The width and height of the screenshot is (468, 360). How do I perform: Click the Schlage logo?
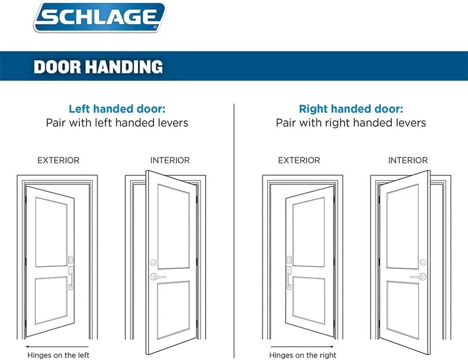99,18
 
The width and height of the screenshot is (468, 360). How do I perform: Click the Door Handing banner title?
98,66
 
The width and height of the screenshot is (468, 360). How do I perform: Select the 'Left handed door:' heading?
117,109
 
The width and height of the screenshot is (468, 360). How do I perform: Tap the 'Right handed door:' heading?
351,109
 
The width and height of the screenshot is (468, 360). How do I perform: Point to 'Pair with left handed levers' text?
117,122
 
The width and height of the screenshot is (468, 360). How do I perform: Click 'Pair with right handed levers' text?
351,122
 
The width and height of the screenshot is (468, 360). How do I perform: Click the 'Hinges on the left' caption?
58,355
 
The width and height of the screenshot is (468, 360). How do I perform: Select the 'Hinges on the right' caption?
303,355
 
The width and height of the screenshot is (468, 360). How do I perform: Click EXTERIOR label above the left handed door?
58,160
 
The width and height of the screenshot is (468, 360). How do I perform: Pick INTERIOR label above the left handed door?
170,160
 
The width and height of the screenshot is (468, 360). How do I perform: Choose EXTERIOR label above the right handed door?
299,160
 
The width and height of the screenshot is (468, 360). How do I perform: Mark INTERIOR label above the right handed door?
408,160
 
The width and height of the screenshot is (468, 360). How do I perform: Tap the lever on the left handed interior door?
157,277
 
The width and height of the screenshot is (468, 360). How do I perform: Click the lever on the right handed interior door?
418,277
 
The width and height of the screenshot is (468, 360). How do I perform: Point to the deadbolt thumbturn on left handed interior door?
153,262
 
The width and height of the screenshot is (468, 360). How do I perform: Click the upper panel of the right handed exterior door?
308,232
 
